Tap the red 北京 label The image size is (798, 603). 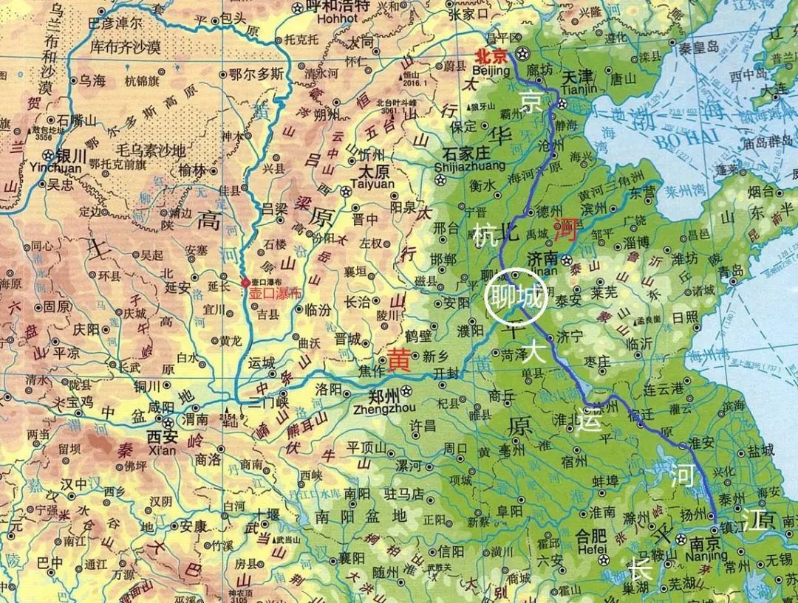[492, 55]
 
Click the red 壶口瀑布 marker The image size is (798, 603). [246, 283]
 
